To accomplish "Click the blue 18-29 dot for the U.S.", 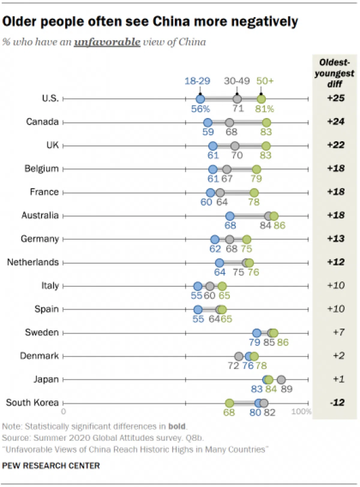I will [200, 99].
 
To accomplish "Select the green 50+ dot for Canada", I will [266, 122].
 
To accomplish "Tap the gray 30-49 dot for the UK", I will [235, 146].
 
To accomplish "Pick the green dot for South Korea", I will [229, 403].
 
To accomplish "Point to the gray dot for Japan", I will [281, 380].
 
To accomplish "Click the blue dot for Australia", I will [229, 216].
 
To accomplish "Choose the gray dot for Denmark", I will [239, 356].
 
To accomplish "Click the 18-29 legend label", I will [197, 81].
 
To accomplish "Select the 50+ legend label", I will [265, 81].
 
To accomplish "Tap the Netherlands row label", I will [33, 262].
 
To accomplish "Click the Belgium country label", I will [41, 169].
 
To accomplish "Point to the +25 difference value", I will [336, 98].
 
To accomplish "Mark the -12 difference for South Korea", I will [337, 402].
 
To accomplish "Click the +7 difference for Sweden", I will [339, 332].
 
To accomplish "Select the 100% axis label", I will [301, 411].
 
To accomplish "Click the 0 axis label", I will [63, 411].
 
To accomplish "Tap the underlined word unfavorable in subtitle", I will [107, 42].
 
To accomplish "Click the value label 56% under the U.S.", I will [200, 109].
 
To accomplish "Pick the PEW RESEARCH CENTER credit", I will [51, 466].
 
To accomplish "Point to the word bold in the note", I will [177, 426].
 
